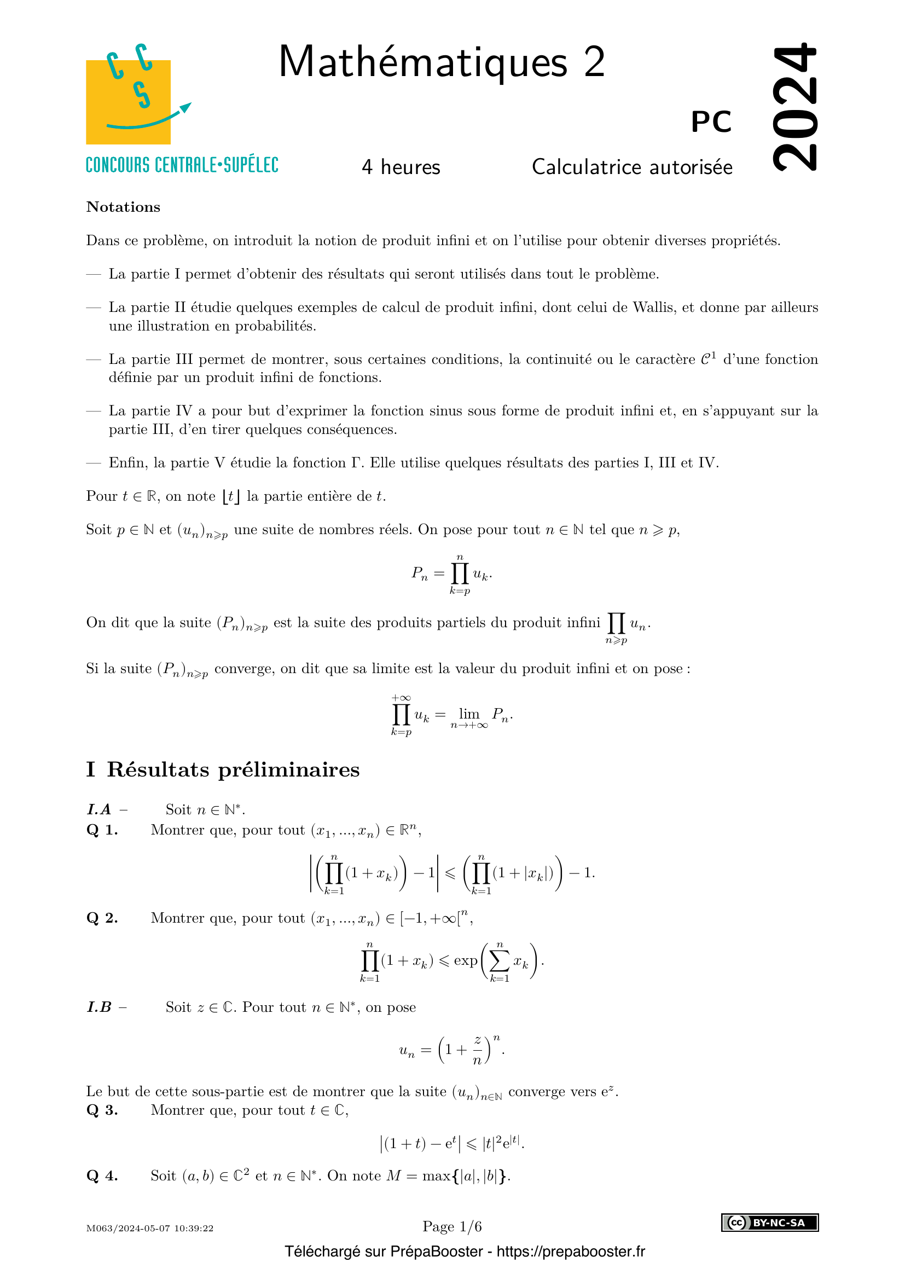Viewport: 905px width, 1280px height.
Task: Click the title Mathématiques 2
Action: tap(442, 62)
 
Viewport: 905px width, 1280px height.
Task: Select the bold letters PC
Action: tap(711, 121)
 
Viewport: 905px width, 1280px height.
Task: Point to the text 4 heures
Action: tap(401, 167)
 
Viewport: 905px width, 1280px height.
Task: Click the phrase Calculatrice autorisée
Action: tap(632, 167)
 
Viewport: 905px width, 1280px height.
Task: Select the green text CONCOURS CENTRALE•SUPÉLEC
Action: tap(182, 166)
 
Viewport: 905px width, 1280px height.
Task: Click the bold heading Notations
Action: tap(123, 207)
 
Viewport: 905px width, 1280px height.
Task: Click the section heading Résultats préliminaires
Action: tap(233, 770)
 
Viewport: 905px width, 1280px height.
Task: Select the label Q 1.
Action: tap(102, 830)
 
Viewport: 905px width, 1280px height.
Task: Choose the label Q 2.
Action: tap(102, 918)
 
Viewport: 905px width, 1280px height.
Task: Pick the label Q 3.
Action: tap(102, 1110)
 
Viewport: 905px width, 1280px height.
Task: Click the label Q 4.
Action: tap(102, 1175)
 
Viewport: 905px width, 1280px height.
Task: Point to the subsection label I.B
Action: tap(100, 1007)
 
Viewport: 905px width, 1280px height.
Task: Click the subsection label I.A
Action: tap(99, 809)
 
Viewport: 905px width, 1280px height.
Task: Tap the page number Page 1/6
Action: tap(452, 1226)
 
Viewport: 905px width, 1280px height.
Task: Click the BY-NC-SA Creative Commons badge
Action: tap(770, 1223)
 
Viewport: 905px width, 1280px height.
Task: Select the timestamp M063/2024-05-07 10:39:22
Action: tap(150, 1229)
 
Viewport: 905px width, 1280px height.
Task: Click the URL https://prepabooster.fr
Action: tap(571, 1252)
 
